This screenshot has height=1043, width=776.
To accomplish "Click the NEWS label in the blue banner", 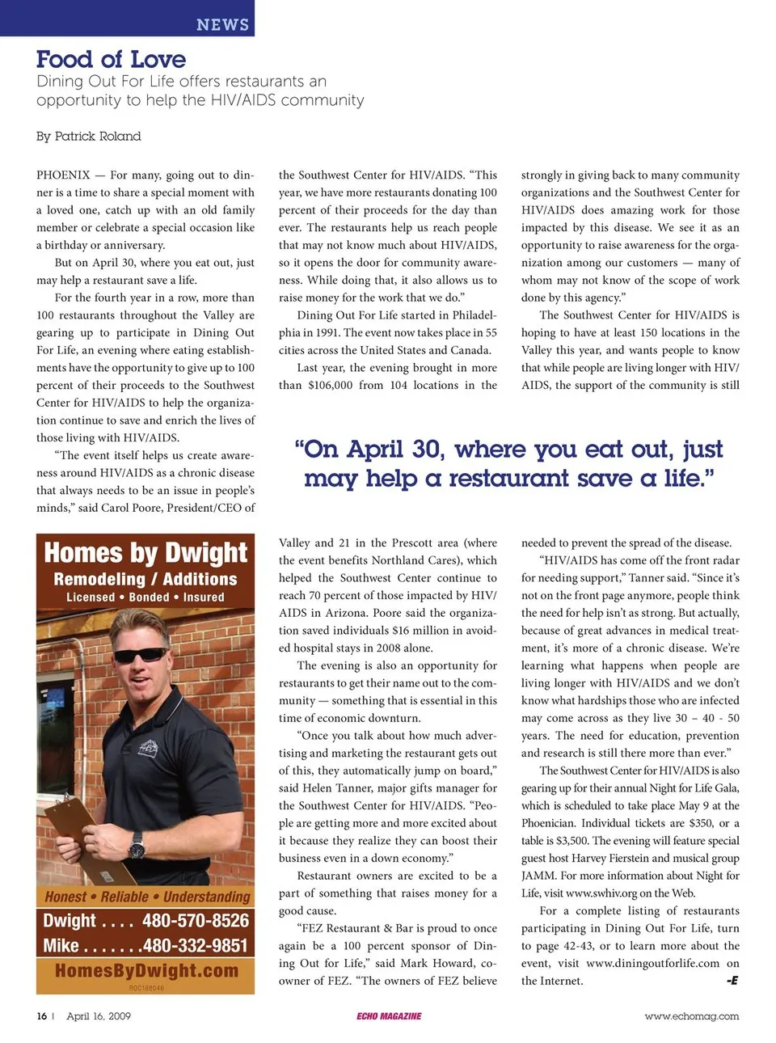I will pos(222,24).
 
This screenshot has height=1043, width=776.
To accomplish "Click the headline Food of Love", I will pos(111,59).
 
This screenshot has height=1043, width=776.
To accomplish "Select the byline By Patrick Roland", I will pos(88,136).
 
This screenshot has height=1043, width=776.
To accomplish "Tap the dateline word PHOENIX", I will pos(63,175).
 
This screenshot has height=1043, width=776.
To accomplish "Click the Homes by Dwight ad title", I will pos(145,553).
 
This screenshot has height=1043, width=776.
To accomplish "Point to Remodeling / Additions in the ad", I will pos(145,579).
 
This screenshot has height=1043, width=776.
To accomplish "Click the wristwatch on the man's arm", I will pos(138,844).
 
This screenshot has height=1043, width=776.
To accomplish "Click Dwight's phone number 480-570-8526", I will pos(196,920).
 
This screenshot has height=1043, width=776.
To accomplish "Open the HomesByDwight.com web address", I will pos(146,970).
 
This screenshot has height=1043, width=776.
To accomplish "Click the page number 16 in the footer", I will pos(41,1016).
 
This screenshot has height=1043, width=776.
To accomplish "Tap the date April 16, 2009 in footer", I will pos(99,1016).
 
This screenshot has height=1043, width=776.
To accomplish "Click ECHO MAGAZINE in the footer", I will pos(389,1016).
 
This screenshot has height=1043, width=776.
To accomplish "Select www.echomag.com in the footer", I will pos(691,1016).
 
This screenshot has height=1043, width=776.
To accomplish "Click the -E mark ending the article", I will pos(732,981).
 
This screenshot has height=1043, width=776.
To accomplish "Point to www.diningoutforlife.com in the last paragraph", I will pos(652,963).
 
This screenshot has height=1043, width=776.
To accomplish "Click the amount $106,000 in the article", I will pos(330,385).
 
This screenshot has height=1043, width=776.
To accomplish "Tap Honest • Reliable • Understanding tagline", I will pos(147,897).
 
